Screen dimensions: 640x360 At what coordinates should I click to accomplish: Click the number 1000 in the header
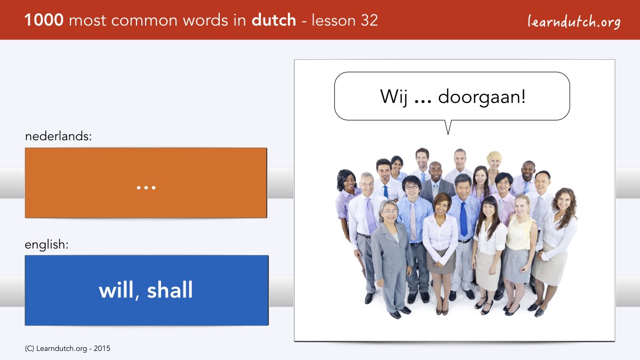pyautogui.click(x=44, y=20)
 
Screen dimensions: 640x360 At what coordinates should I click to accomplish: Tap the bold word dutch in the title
pyautogui.click(x=274, y=20)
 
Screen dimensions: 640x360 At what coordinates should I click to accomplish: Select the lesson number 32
pyautogui.click(x=369, y=20)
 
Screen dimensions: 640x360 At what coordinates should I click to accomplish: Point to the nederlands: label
pyautogui.click(x=58, y=136)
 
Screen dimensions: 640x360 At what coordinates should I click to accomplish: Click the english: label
pyautogui.click(x=46, y=245)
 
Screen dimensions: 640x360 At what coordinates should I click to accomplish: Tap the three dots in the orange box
pyautogui.click(x=146, y=188)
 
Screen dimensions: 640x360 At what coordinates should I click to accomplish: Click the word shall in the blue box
pyautogui.click(x=170, y=290)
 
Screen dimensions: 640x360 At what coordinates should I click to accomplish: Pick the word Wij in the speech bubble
pyautogui.click(x=394, y=97)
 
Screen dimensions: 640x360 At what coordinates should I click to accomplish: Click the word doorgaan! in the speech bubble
pyautogui.click(x=482, y=97)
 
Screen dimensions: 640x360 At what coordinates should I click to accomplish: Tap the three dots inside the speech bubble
pyautogui.click(x=423, y=102)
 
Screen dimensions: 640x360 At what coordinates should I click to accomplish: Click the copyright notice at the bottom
pyautogui.click(x=67, y=349)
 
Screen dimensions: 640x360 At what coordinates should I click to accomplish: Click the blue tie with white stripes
pyautogui.click(x=463, y=219)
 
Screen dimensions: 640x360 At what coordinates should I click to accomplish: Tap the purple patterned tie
pyautogui.click(x=371, y=215)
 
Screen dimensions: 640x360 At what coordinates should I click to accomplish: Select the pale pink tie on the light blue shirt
pyautogui.click(x=413, y=222)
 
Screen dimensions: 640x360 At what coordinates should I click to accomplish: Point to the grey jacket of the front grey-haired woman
pyautogui.click(x=391, y=251)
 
